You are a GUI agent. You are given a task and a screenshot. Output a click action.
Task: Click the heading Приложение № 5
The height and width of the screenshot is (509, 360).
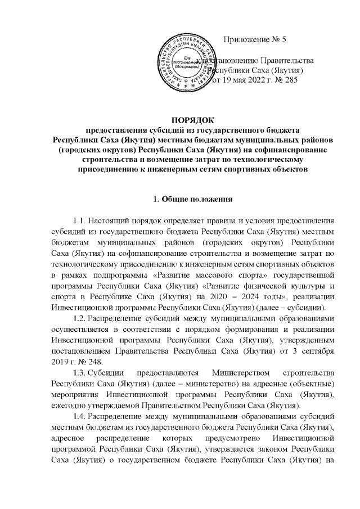click(x=255, y=39)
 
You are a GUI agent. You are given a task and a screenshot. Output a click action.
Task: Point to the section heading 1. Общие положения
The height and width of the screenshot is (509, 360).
click(x=193, y=199)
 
